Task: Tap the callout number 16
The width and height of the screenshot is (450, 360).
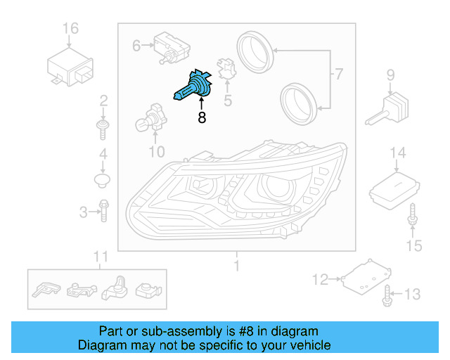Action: tap(70, 29)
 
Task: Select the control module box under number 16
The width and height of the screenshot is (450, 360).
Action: tap(70, 65)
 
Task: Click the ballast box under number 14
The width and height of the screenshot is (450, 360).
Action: tap(395, 187)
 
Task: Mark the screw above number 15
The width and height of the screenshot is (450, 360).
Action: tap(412, 217)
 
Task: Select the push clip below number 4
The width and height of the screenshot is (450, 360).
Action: tap(103, 181)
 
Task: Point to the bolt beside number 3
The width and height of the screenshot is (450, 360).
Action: tap(103, 210)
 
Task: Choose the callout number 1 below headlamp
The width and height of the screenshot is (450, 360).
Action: tap(236, 266)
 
